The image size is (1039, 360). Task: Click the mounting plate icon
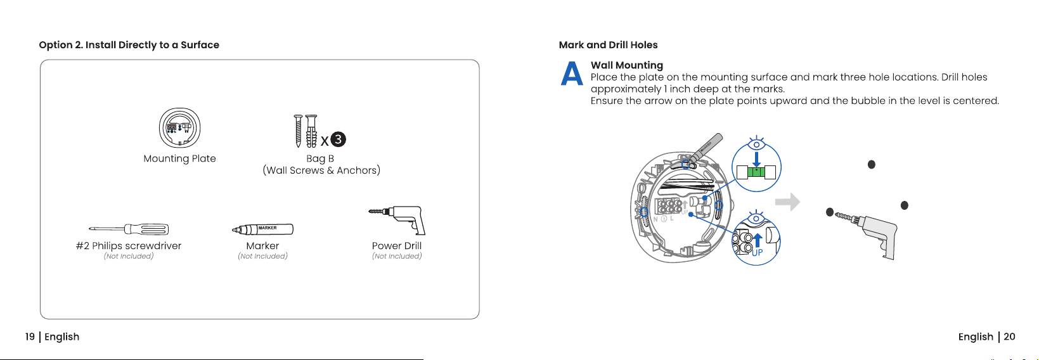point(179,128)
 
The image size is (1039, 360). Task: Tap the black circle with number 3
point(338,139)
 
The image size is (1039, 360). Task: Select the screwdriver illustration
point(129,229)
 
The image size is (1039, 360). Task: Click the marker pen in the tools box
point(262,229)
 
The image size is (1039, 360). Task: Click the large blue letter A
point(571,74)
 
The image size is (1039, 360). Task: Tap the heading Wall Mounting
point(627,65)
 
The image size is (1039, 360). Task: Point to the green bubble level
point(756,172)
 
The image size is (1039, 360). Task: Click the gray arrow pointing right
point(787,202)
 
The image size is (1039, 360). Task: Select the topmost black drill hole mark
point(872,164)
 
